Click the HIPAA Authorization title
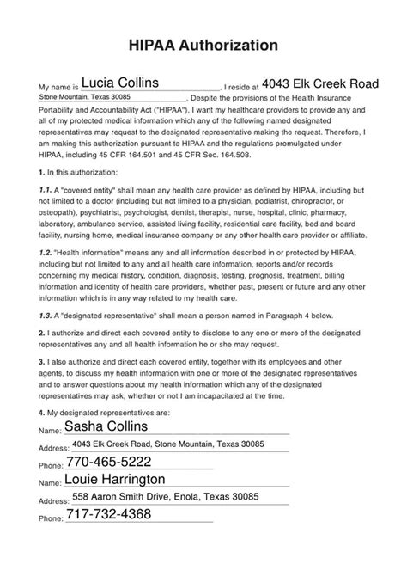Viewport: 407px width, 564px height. click(203, 44)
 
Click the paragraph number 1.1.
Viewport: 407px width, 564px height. click(46, 164)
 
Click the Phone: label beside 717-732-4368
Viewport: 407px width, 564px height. click(52, 519)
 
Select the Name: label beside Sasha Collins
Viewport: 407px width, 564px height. click(51, 430)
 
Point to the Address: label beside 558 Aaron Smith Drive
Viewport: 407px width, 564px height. click(54, 501)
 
